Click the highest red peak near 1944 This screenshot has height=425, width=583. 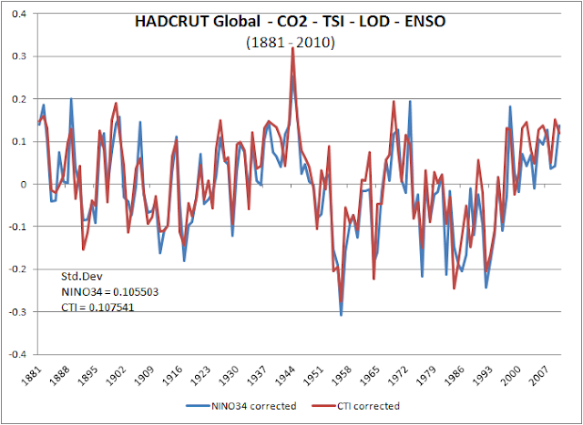click(292, 48)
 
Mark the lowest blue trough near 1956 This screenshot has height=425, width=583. click(341, 315)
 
